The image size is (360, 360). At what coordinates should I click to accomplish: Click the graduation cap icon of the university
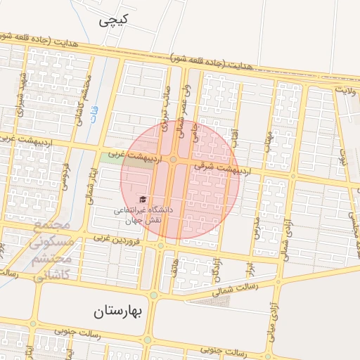tap(144, 199)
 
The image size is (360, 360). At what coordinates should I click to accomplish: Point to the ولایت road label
tap(346, 90)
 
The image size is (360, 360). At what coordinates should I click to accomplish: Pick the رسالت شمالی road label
tap(257, 288)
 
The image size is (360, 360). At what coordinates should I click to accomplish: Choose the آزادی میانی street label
tap(271, 330)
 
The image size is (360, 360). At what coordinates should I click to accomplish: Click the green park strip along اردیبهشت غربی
tap(110, 159)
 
